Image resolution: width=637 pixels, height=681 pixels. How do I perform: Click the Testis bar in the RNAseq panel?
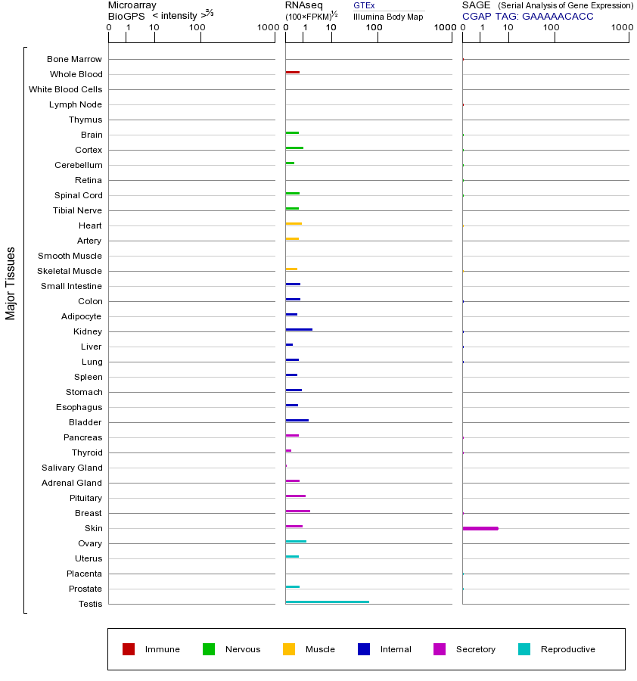pos(327,602)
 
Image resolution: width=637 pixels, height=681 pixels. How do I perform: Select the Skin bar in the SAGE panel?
pos(480,528)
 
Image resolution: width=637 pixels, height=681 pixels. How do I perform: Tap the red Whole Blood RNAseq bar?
pos(292,72)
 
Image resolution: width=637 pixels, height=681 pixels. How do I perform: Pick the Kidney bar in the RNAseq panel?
pos(299,329)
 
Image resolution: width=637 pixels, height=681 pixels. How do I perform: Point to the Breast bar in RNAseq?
pos(297,511)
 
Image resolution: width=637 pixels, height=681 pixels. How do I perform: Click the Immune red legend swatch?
pos(129,649)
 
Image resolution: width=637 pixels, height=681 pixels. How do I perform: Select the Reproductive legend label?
pos(567,649)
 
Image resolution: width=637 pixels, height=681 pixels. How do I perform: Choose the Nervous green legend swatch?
pos(209,649)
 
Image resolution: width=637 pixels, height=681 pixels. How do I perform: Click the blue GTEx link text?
pos(364,5)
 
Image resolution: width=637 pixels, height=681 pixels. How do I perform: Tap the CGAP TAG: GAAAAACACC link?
pos(527,16)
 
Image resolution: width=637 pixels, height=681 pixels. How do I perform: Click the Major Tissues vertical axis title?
pos(11,282)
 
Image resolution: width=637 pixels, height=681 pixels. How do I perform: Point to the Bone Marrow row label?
pos(74,59)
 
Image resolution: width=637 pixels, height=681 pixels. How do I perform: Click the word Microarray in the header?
pos(132,5)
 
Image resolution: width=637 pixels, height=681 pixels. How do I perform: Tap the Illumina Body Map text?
pos(388,17)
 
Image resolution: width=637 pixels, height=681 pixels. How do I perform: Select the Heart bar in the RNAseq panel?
pos(294,223)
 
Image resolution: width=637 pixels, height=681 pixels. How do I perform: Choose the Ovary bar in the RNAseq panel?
pos(296,541)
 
